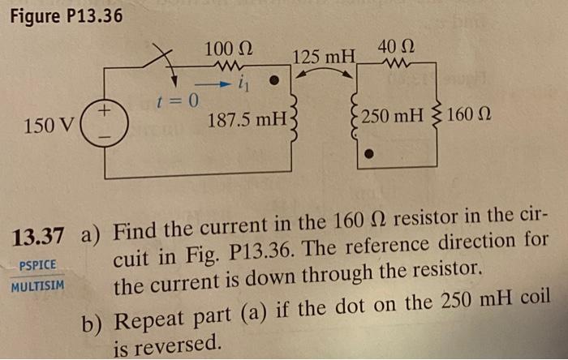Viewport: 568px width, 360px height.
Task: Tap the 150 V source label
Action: [x=49, y=126]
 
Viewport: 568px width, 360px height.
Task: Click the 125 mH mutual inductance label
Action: [x=324, y=58]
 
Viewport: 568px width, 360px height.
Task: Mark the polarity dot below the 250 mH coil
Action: [x=368, y=152]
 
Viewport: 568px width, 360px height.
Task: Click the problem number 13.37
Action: [x=37, y=236]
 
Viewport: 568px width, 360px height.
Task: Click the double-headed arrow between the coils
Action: [x=324, y=73]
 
